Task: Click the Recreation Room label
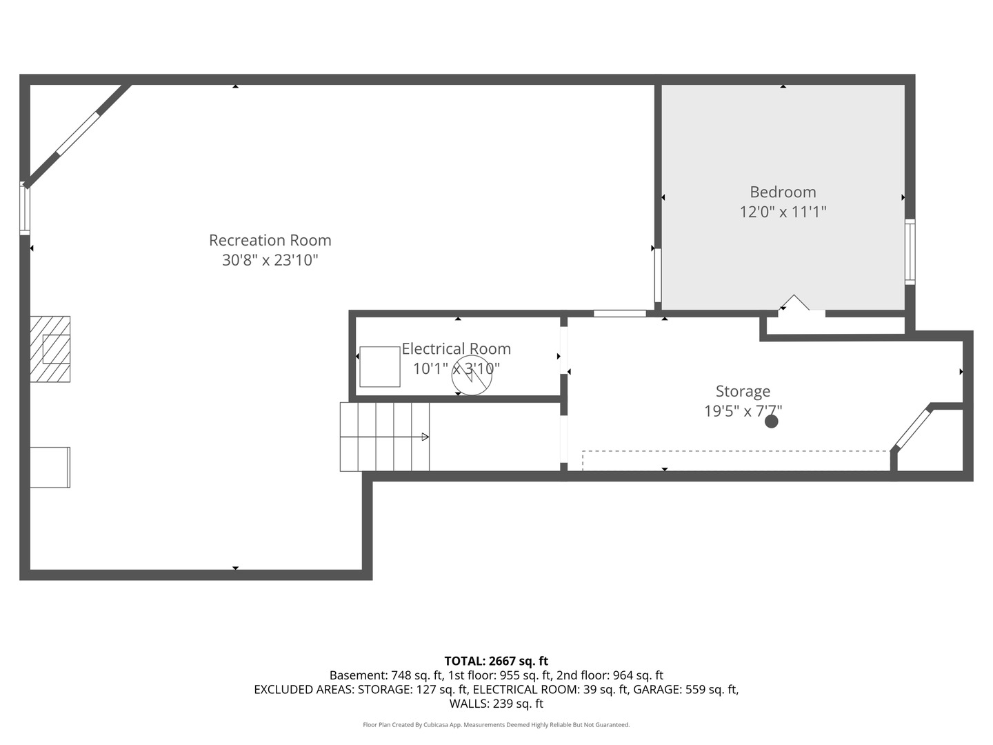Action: click(x=270, y=240)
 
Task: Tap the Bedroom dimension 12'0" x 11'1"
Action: click(x=783, y=212)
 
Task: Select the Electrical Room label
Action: click(x=456, y=348)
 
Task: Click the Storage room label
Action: click(x=743, y=391)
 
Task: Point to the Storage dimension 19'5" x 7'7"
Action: click(x=743, y=411)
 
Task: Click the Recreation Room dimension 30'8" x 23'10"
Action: click(x=270, y=260)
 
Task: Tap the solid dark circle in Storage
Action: click(x=772, y=421)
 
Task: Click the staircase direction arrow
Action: click(x=425, y=437)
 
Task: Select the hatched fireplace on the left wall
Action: click(x=50, y=349)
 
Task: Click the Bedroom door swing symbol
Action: click(x=795, y=304)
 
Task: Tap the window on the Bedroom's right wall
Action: click(x=910, y=252)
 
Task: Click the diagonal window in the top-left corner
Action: click(x=78, y=134)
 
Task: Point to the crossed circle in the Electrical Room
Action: click(x=472, y=376)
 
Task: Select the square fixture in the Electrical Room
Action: click(x=379, y=366)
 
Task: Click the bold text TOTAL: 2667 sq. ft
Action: click(x=496, y=661)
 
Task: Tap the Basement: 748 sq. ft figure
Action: click(x=385, y=675)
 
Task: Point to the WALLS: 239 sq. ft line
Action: click(x=496, y=704)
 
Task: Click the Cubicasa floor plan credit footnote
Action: click(x=496, y=725)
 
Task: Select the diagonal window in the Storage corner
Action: click(x=912, y=430)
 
